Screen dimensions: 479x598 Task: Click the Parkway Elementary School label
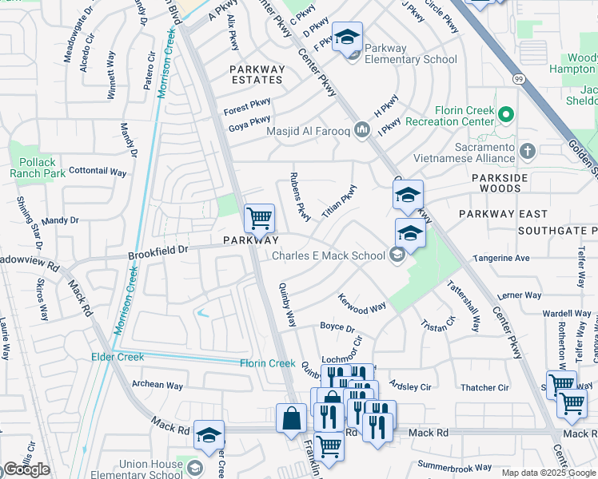pyautogui.click(x=410, y=53)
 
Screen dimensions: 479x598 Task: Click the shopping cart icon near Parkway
pyautogui.click(x=259, y=217)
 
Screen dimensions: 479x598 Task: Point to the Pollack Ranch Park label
pyautogui.click(x=33, y=168)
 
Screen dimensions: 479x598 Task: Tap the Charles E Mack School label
pyautogui.click(x=328, y=255)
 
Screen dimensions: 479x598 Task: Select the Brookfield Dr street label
pyautogui.click(x=158, y=251)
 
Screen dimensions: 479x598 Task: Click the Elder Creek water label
pyautogui.click(x=117, y=356)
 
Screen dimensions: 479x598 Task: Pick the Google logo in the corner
pyautogui.click(x=26, y=469)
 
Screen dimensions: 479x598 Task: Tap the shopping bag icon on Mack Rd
pyautogui.click(x=291, y=418)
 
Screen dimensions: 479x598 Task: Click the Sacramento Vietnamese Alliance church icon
pyautogui.click(x=527, y=151)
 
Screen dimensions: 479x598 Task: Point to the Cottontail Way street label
pyautogui.click(x=98, y=172)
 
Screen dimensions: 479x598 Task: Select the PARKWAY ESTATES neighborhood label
pyautogui.click(x=257, y=74)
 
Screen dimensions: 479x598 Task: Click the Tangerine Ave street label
pyautogui.click(x=501, y=258)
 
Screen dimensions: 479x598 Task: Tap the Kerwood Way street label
pyautogui.click(x=362, y=307)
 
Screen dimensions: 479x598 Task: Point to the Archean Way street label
pyautogui.click(x=157, y=385)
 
